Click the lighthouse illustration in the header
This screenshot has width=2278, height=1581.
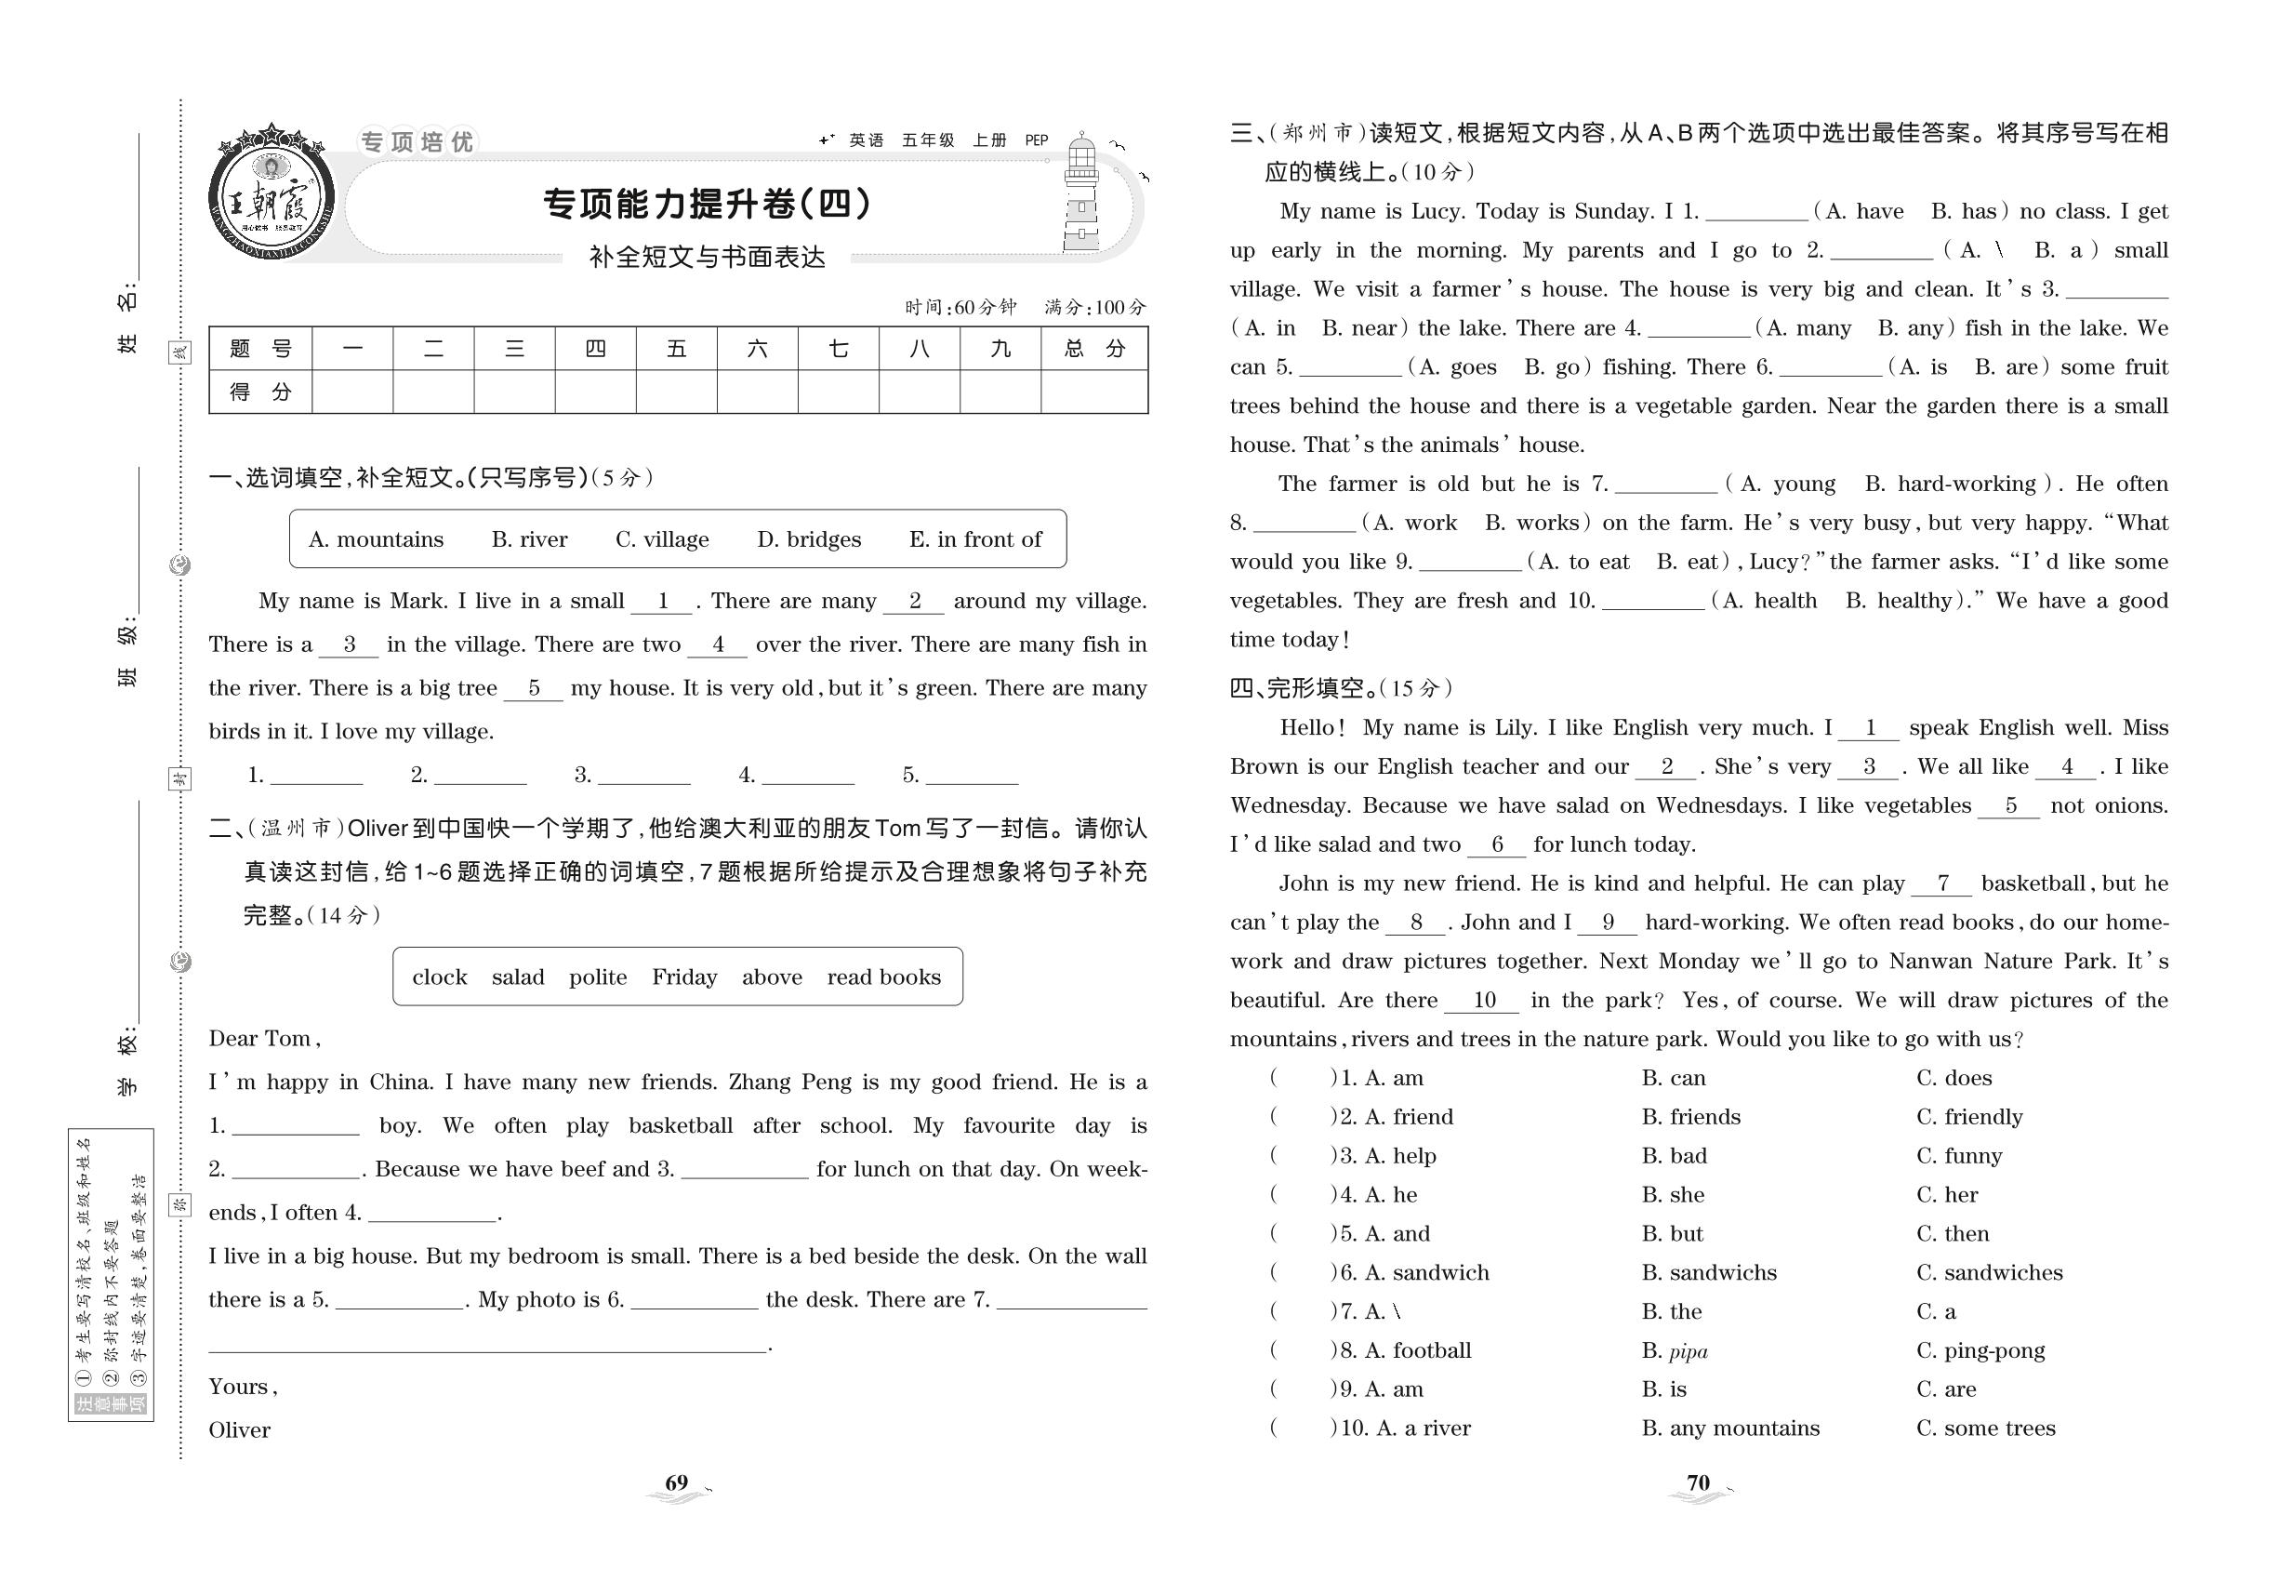point(1080,194)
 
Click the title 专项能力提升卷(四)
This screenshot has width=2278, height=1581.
point(708,204)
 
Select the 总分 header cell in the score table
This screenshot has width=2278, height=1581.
point(1094,349)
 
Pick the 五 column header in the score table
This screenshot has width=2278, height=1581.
point(677,349)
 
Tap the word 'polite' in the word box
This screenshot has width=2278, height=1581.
point(597,977)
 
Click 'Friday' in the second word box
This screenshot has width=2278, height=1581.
point(683,977)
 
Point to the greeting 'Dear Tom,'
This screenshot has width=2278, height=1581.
point(264,1039)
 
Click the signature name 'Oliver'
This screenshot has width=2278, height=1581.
point(239,1429)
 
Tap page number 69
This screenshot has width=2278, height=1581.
point(677,1483)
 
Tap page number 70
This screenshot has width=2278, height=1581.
point(1698,1483)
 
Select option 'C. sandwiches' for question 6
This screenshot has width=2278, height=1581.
point(1989,1273)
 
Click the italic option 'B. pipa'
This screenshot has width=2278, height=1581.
point(1674,1351)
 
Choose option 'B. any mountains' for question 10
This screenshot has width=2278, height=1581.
point(1729,1428)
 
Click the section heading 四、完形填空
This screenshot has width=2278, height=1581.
point(1305,688)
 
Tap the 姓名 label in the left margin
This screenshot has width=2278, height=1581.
point(127,322)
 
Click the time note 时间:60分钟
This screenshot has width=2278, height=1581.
point(960,308)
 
